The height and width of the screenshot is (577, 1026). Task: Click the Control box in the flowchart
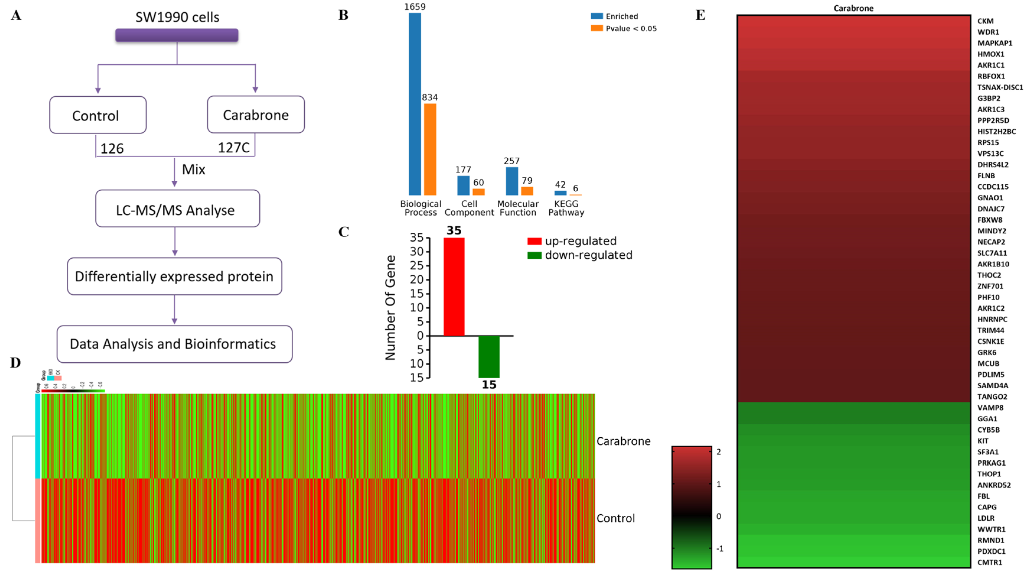(98, 115)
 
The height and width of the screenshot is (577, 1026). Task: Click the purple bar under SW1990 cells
(177, 35)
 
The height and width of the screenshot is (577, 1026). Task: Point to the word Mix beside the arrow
(194, 170)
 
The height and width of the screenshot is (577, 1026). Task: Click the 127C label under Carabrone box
(233, 148)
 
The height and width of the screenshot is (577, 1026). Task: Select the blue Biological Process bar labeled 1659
(415, 104)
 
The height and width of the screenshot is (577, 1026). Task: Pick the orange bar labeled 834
(430, 149)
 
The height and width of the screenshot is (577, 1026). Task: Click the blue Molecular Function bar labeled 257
(512, 181)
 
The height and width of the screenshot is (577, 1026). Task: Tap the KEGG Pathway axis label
(566, 208)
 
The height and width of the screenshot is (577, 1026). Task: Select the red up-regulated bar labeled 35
(454, 287)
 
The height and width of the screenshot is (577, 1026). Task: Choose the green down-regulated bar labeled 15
(489, 357)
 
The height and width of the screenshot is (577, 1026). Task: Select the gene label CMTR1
(989, 562)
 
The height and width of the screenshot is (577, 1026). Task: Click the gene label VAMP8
(990, 408)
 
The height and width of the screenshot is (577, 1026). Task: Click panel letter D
(16, 363)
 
